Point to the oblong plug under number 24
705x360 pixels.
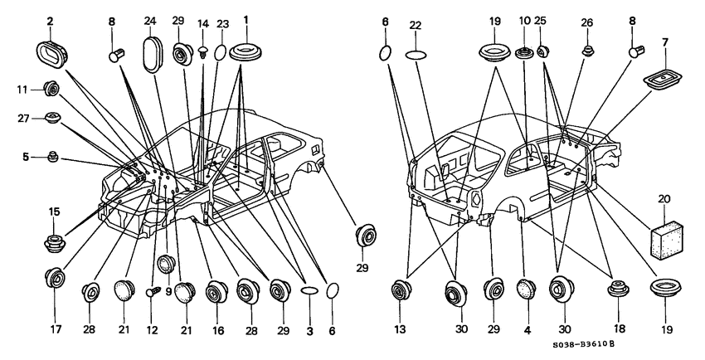pos(151,55)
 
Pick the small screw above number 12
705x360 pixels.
pos(152,293)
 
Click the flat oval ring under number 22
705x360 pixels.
pos(416,56)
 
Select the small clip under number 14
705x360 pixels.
pos(204,52)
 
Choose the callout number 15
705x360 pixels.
pos(54,212)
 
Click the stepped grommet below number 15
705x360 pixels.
pos(55,242)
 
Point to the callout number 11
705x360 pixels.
pos(22,90)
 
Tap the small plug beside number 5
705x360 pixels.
pos(53,158)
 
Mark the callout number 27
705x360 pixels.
pos(24,119)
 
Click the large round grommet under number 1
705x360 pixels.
pos(246,51)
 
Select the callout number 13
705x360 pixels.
pos(400,329)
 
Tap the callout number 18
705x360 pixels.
pos(619,329)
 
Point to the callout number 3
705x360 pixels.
pos(310,331)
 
